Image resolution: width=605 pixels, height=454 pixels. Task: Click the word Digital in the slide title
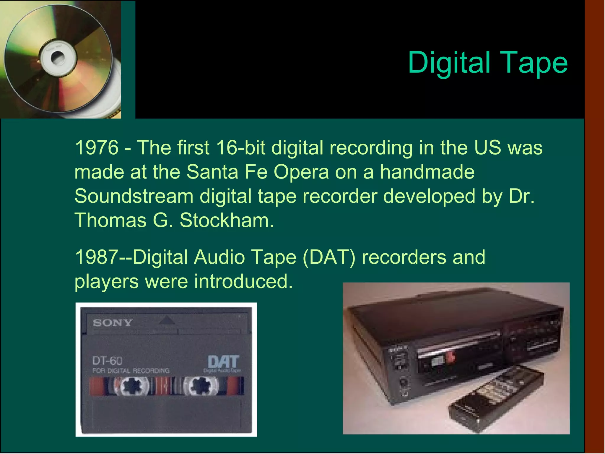[x=449, y=63]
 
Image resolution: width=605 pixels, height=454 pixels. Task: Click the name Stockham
[x=227, y=220]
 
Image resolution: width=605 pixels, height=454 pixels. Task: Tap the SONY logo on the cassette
[x=113, y=322]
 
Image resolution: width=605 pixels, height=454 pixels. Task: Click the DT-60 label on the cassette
[x=107, y=361]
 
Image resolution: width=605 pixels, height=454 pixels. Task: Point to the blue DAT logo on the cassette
[x=223, y=362]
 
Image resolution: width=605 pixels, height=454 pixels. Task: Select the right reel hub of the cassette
[x=201, y=386]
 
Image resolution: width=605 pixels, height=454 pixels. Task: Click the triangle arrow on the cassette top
[x=167, y=320]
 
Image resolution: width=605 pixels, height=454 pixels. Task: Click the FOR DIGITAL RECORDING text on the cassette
[x=131, y=371]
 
